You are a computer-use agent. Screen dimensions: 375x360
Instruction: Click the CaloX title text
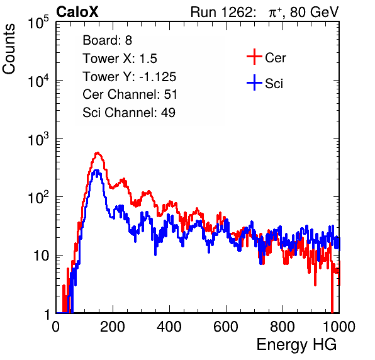77,12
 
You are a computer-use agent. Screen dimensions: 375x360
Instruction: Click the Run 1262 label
221,12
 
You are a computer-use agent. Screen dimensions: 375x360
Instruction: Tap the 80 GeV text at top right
314,12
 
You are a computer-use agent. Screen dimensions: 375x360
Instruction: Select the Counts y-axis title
9,49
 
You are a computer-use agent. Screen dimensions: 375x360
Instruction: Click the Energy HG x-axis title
296,345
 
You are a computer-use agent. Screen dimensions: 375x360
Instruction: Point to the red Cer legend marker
254,57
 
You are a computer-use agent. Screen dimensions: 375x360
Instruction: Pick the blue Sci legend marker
254,82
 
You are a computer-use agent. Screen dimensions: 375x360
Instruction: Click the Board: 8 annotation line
108,40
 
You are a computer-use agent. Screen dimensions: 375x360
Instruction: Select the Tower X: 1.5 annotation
120,59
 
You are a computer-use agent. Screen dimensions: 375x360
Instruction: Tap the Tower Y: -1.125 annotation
130,77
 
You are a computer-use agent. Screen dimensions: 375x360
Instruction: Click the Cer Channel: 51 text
130,94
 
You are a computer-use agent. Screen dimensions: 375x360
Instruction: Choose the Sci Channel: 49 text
129,113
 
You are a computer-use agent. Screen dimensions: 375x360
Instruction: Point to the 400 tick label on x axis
169,327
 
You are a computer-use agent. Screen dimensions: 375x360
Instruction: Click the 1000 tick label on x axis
339,327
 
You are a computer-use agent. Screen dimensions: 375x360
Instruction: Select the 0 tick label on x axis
56,327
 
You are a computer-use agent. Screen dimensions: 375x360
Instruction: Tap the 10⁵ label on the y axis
38,23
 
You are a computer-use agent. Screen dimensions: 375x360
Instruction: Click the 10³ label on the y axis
38,139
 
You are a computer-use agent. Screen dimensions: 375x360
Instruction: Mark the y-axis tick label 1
47,315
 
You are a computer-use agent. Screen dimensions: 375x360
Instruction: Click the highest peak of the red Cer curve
98,152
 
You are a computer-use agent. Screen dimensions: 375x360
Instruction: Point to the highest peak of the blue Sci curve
96,171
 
